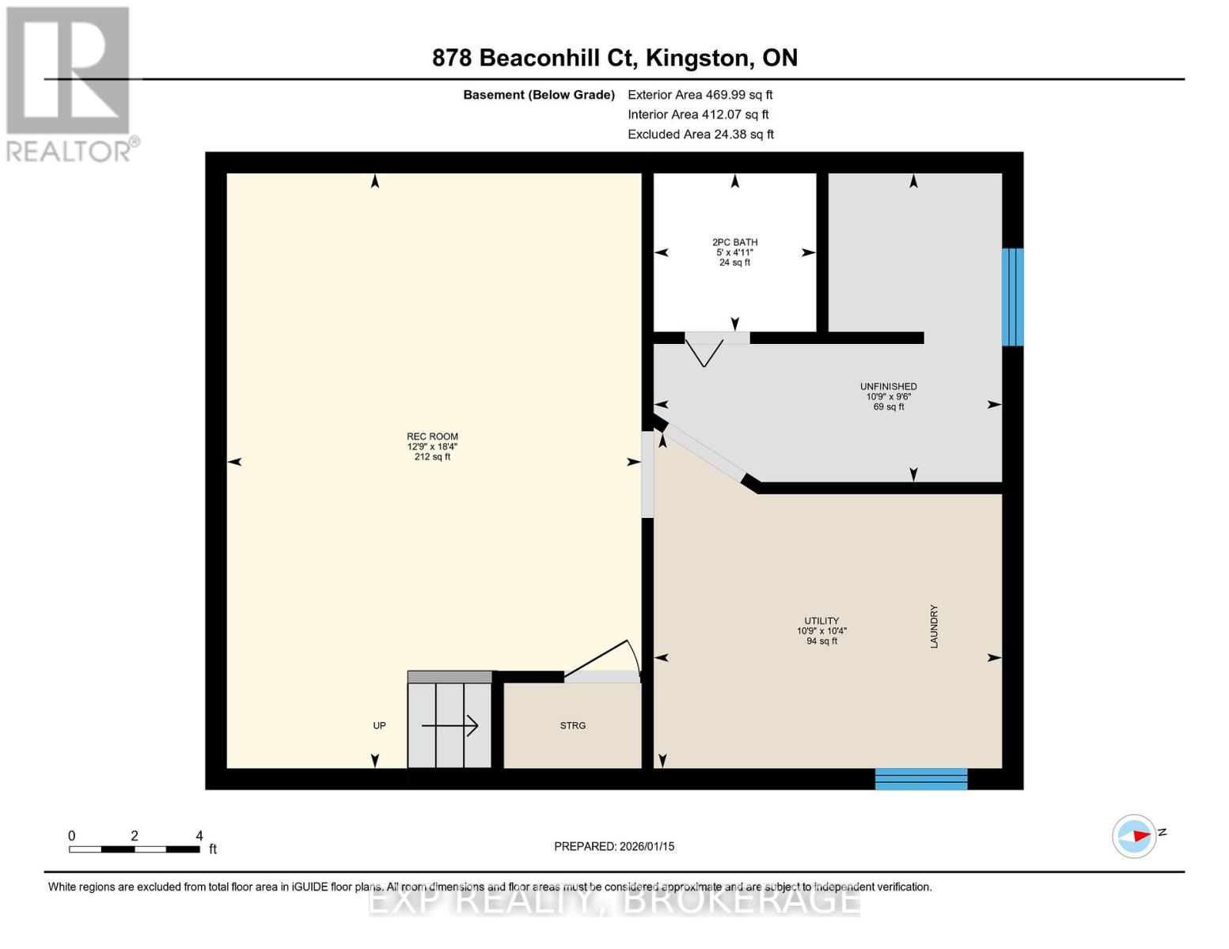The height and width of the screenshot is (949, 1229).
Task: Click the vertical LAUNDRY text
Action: point(934,626)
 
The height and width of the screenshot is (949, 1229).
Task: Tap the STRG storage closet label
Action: point(572,726)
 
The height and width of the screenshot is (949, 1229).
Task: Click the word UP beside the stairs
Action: point(379,726)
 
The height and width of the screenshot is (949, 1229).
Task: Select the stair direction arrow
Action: point(450,726)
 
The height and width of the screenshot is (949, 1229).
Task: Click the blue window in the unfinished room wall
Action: point(1012,297)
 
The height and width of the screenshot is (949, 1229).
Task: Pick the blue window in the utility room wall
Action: point(921,778)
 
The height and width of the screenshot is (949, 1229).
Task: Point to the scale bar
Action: point(135,849)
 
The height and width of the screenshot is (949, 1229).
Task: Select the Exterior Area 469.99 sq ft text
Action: point(700,95)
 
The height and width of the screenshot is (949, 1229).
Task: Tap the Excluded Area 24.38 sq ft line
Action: point(700,134)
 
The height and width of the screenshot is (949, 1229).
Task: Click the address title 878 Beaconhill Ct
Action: point(534,59)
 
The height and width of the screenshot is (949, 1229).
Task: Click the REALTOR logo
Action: point(71,85)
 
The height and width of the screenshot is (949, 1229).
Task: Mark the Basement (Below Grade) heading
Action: point(538,95)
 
